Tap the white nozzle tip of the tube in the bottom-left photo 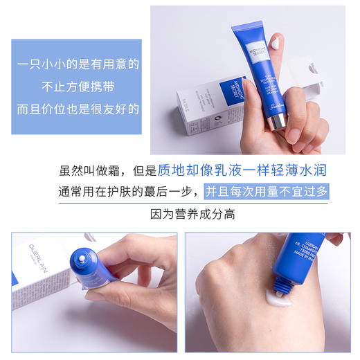(x=84, y=258)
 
